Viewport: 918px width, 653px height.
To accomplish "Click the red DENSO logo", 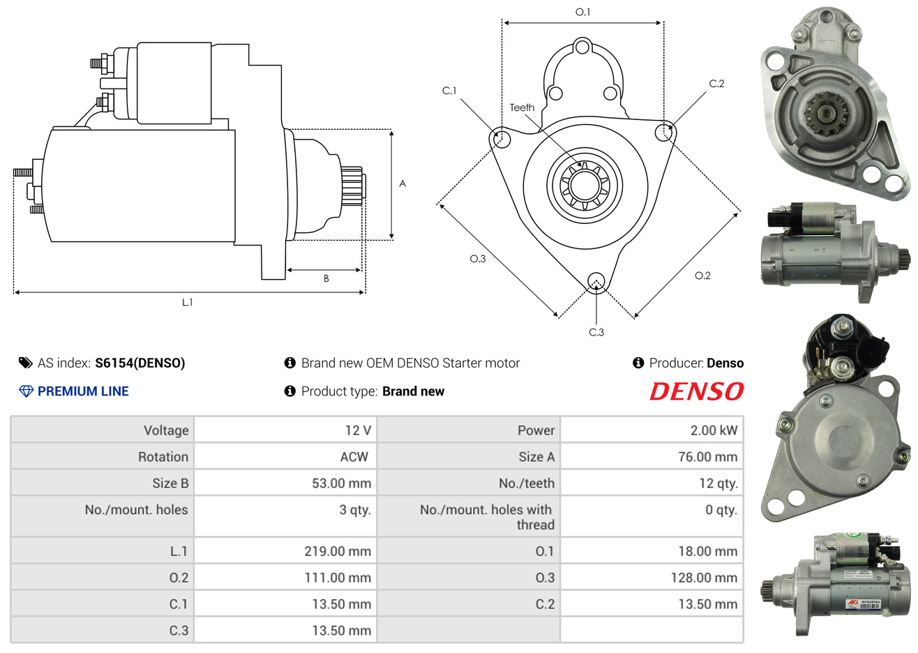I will click(x=696, y=391).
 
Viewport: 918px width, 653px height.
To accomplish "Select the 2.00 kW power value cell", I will click(x=713, y=430).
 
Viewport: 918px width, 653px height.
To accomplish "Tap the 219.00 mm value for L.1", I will click(x=337, y=551).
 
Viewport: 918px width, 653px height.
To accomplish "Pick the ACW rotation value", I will click(x=354, y=457).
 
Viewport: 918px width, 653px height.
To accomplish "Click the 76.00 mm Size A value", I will click(x=707, y=457).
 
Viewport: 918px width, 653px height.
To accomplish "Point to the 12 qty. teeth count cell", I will click(x=718, y=483).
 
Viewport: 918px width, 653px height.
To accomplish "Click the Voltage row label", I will click(x=166, y=430).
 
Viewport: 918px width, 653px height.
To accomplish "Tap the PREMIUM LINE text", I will click(x=83, y=391).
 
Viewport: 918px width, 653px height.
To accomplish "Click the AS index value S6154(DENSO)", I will click(x=140, y=363).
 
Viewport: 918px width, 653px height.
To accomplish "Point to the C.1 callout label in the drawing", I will click(x=449, y=91).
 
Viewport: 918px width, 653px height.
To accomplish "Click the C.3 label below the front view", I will click(x=596, y=332).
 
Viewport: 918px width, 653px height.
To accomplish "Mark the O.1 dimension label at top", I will click(x=582, y=12).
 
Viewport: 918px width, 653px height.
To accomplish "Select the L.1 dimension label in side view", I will click(x=187, y=302).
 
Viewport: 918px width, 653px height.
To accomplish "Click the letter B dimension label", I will click(x=326, y=278).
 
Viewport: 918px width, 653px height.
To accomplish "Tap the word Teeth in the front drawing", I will click(x=522, y=107).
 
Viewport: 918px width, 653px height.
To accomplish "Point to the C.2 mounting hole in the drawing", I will click(x=665, y=132).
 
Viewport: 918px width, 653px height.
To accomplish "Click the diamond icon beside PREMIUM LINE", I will click(x=26, y=391).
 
